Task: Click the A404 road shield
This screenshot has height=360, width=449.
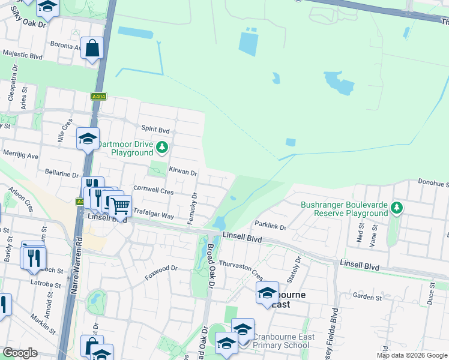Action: click(x=98, y=97)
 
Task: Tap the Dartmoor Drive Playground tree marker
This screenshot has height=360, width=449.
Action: click(x=162, y=147)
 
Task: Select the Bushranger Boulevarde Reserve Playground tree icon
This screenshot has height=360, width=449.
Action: click(x=396, y=208)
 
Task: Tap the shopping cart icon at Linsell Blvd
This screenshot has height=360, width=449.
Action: click(x=120, y=206)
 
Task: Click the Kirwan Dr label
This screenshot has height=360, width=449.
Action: click(x=183, y=172)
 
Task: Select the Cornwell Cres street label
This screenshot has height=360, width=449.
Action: click(x=153, y=191)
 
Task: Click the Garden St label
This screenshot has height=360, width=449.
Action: click(x=367, y=297)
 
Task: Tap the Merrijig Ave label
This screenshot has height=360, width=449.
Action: click(x=19, y=155)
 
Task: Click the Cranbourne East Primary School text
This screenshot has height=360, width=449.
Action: click(x=283, y=341)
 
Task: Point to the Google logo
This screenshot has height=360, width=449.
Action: click(x=20, y=353)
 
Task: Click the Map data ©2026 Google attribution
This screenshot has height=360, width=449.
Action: click(x=411, y=355)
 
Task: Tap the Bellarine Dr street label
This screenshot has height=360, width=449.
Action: click(x=62, y=173)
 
